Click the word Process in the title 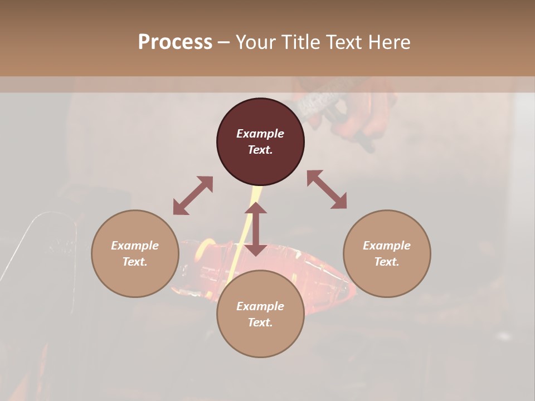click(x=175, y=42)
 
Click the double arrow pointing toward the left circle click(x=193, y=195)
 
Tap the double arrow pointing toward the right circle click(x=327, y=190)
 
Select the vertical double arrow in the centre click(x=256, y=229)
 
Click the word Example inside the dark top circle click(x=260, y=134)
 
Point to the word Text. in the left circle click(x=135, y=262)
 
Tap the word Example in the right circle click(x=387, y=246)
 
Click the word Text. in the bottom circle click(x=260, y=322)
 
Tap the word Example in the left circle click(x=135, y=246)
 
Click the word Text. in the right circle click(x=387, y=262)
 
